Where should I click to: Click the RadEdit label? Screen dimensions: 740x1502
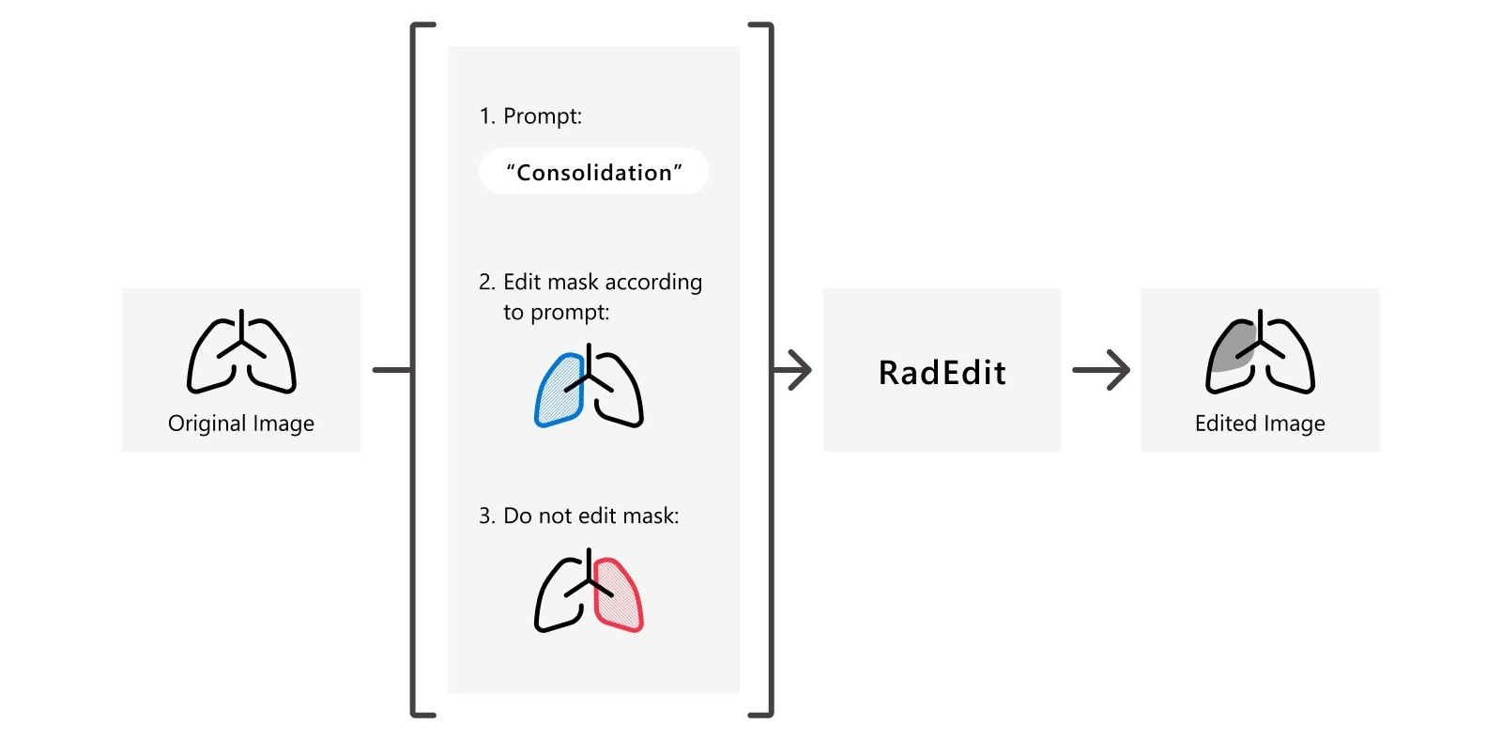942,373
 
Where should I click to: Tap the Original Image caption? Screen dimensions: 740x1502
241,424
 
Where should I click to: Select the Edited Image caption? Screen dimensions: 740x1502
1260,424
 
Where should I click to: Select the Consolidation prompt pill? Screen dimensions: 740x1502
593,172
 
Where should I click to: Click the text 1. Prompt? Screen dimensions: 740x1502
530,116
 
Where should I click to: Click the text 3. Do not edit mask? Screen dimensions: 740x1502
578,516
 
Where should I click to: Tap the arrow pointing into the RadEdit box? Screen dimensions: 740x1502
793,370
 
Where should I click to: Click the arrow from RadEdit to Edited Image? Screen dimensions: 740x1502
1101,370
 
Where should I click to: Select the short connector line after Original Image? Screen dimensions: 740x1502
391,370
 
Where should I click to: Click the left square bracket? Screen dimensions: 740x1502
415,370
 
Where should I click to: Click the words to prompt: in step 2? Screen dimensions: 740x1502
556,313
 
